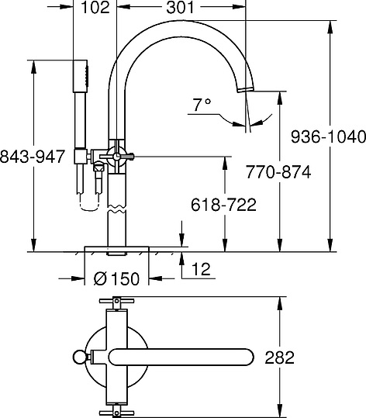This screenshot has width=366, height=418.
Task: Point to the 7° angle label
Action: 202,103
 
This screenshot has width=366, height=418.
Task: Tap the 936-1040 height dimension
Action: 327,137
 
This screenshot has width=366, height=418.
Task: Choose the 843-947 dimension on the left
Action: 32,155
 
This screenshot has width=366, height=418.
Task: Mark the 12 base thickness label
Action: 199,270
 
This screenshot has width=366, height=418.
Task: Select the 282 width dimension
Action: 279,358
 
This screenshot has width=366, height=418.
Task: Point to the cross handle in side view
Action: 116,157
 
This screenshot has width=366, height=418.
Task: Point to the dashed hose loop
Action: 87,201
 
